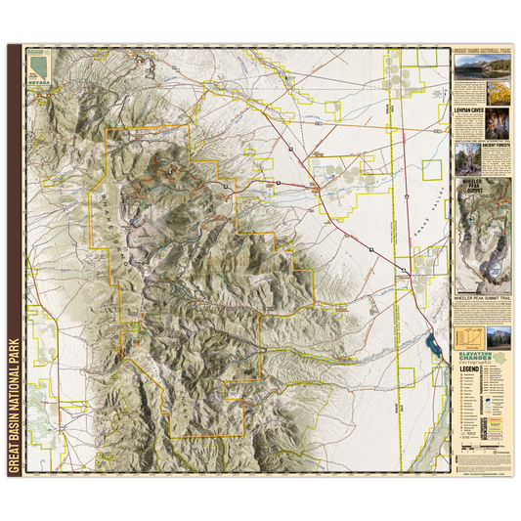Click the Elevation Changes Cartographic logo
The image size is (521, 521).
pos(483,356)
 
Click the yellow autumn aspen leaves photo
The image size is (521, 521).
pos(499,96)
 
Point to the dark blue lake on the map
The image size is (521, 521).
pos(430,344)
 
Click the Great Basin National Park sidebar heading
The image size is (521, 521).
pos(483,46)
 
